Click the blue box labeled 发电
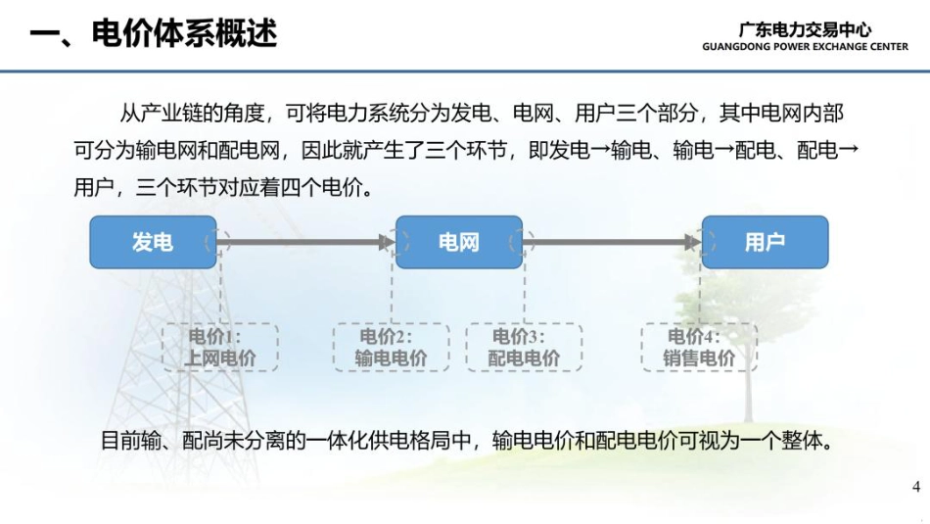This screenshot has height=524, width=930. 153,242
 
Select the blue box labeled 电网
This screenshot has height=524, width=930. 458,242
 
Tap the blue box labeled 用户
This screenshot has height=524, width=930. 765,242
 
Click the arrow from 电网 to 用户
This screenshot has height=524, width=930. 612,242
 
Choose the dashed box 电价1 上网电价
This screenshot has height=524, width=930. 220,348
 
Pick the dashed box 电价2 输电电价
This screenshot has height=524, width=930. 391,348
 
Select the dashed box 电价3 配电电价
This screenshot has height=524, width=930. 524,348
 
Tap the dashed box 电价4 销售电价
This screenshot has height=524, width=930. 699,348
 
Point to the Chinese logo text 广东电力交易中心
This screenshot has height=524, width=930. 805,29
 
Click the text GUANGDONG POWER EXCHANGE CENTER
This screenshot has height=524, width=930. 805,46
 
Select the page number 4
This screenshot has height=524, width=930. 916,487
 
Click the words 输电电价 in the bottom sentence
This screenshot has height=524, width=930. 531,440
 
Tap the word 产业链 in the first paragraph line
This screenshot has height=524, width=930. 174,115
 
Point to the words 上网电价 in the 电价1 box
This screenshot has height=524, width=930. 220,358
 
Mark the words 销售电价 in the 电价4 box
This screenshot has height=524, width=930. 699,358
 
